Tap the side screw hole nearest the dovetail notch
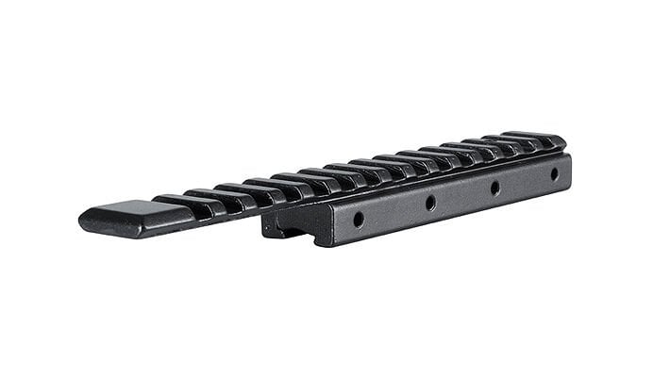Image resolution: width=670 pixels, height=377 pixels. (359, 219)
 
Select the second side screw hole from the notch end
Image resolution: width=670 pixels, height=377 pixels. (430, 202)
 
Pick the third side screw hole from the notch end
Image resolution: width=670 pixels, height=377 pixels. (494, 187)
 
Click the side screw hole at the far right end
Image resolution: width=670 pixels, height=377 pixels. (554, 173)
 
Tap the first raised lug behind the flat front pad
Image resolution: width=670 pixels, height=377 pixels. (176, 201)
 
